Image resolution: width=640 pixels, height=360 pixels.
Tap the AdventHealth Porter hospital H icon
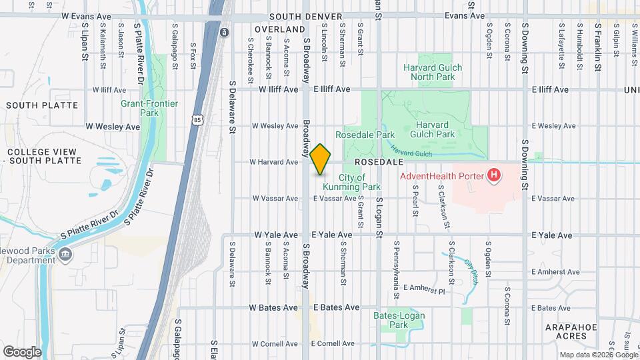coord(494,175)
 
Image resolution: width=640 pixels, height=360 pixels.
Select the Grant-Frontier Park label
coord(140,108)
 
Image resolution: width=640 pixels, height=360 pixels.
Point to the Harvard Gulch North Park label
coord(429,72)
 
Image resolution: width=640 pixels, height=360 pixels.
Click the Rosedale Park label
coord(365,135)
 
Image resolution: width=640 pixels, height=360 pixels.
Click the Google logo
coord(22,351)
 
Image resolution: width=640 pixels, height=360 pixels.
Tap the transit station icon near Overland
coord(225,32)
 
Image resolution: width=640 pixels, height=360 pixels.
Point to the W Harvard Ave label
coord(273,162)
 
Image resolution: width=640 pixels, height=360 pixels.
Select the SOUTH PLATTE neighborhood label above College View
coord(42,105)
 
